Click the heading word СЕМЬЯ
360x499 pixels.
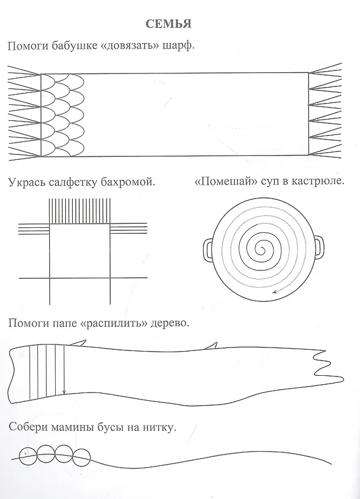tap(168, 24)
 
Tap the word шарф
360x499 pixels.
tap(178, 46)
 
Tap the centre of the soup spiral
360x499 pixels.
tap(262, 249)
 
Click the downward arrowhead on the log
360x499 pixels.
tap(65, 391)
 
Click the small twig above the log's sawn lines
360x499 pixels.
tap(79, 342)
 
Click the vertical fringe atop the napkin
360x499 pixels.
tap(79, 211)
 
